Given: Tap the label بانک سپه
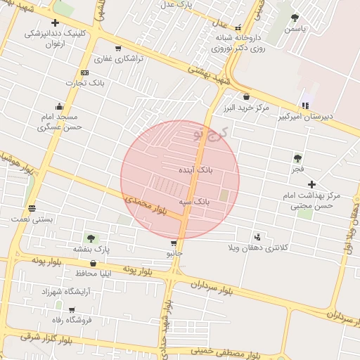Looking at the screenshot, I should click(193, 202).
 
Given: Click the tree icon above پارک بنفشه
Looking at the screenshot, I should click(90, 238).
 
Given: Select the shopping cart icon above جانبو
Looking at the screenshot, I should click(174, 243).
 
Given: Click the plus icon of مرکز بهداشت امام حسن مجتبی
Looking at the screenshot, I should click(311, 184).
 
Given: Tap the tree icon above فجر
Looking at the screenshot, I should click(297, 159).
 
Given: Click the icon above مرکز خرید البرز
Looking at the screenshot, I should click(246, 97).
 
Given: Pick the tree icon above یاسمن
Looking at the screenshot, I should click(294, 19).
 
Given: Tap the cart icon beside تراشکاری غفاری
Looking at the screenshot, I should click(117, 49).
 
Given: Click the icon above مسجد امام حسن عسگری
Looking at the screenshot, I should click(60, 106).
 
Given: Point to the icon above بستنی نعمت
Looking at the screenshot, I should click(32, 208).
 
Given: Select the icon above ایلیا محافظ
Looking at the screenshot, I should click(93, 263).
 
